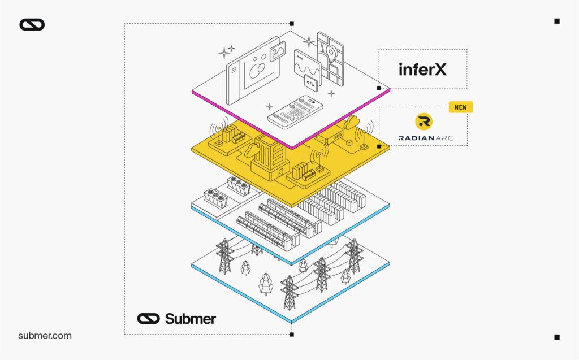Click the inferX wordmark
coord(422,69)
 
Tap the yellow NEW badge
coord(460,107)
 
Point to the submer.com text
coord(45,336)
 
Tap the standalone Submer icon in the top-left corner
coord(32,24)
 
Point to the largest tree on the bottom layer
coord(266,283)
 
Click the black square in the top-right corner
coord(556,21)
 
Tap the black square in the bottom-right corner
coord(556,337)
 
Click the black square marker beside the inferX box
coord(379,88)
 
